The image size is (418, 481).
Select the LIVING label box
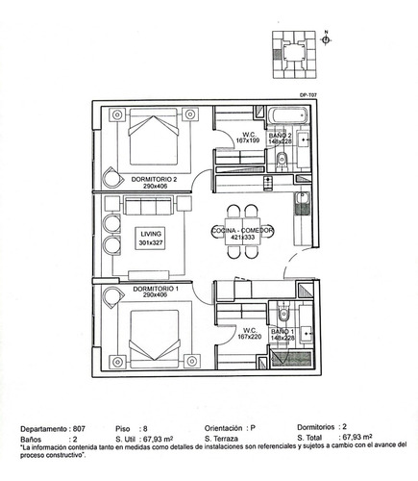(152, 238)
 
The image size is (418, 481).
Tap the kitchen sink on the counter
(301, 201)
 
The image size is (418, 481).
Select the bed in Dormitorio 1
(150, 333)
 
